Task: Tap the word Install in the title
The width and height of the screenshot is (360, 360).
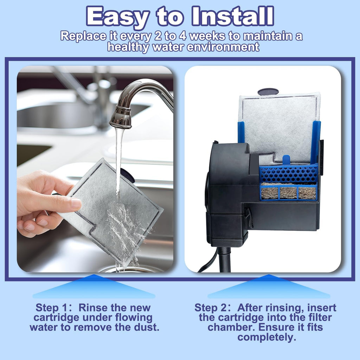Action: [233, 16]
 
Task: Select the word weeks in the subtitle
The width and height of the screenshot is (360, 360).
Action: [207, 36]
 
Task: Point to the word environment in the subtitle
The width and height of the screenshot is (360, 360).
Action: [223, 47]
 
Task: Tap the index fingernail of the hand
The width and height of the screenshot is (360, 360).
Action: [76, 203]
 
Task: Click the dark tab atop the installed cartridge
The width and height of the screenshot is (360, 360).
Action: [268, 92]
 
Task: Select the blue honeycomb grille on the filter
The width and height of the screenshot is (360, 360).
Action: [289, 174]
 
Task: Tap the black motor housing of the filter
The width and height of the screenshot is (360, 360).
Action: [230, 193]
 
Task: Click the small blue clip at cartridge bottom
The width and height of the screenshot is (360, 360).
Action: [286, 160]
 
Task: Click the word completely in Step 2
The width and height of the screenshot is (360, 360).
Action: [266, 337]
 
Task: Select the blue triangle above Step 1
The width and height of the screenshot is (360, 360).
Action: [94, 287]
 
